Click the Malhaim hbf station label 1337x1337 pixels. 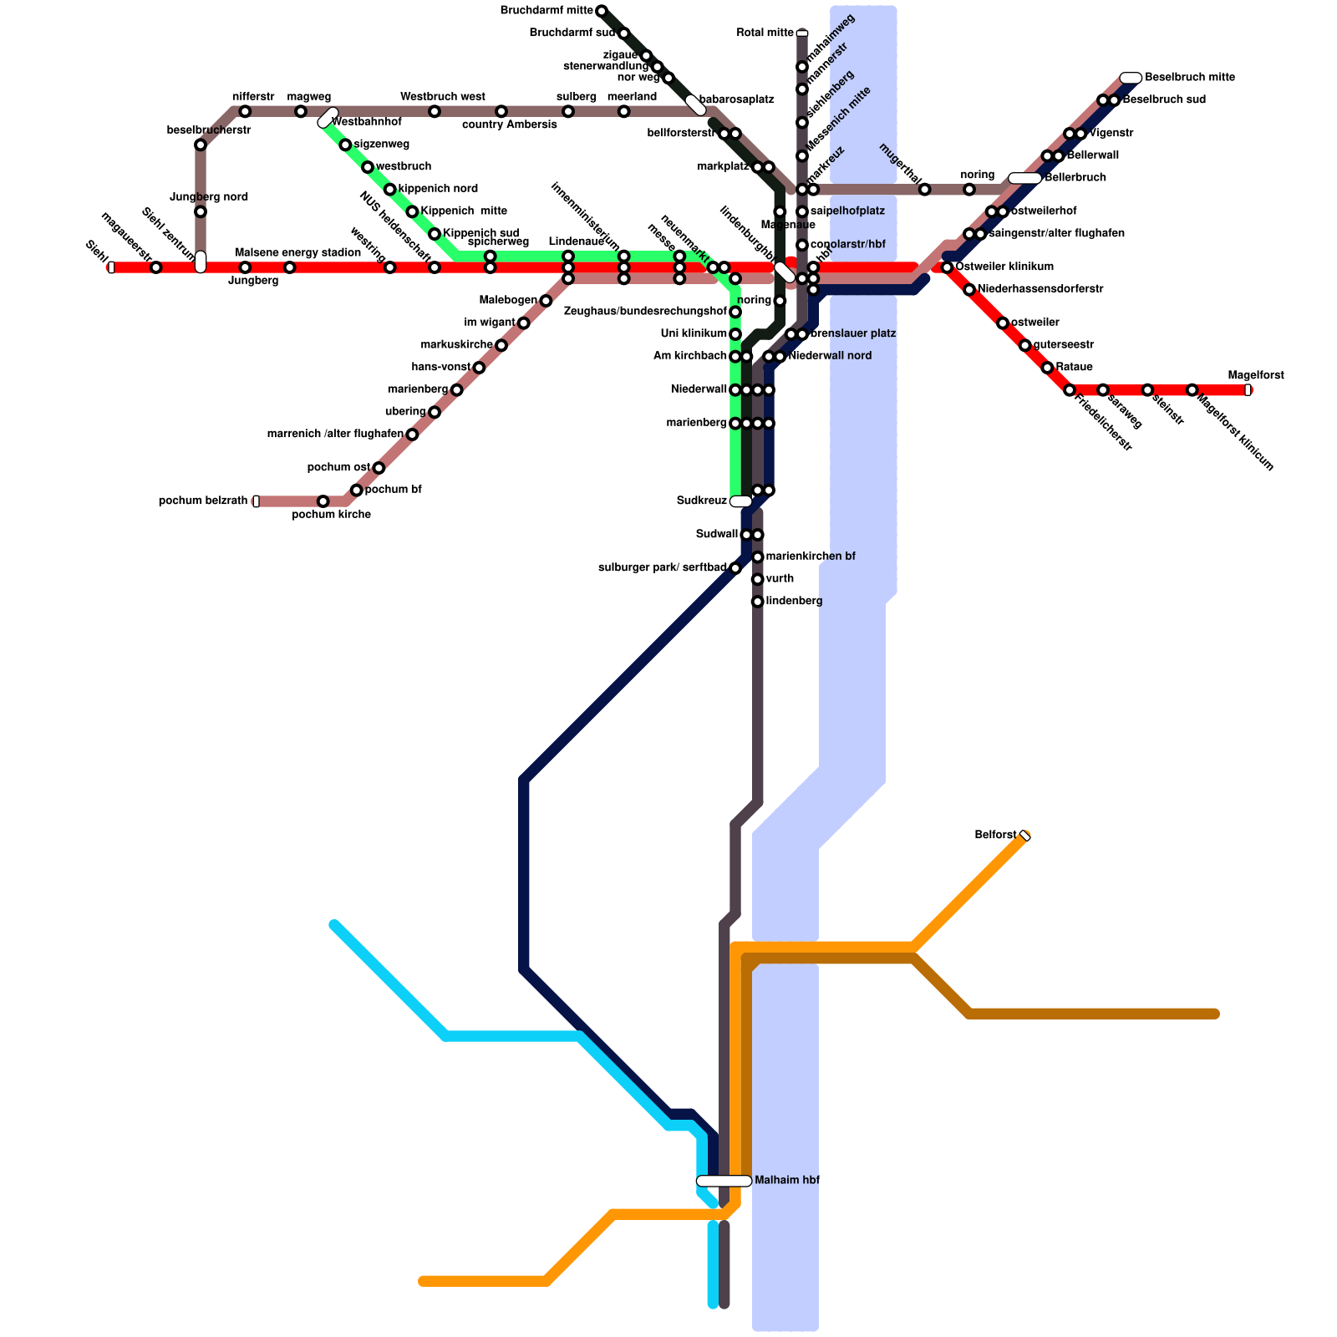(x=786, y=1181)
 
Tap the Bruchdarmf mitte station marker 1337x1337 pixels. (x=602, y=11)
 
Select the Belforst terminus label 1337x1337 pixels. (x=995, y=836)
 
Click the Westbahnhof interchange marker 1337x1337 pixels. (x=328, y=118)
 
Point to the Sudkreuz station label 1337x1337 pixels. (x=701, y=501)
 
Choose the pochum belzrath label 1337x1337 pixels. (x=203, y=501)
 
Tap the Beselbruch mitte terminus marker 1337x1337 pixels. (x=1131, y=78)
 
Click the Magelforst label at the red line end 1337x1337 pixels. (x=1255, y=376)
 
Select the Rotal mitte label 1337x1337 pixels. (x=765, y=33)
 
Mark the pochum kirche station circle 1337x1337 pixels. (x=323, y=501)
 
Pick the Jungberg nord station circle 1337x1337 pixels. (x=201, y=211)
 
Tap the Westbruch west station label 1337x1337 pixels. (x=442, y=97)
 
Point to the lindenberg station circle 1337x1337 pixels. (x=758, y=602)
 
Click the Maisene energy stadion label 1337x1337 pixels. (x=297, y=252)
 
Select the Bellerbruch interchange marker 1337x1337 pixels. (x=1024, y=178)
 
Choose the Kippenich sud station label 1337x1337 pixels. (x=480, y=233)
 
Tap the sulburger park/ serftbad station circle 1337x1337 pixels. (x=735, y=568)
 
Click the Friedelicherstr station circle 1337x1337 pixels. (x=1070, y=390)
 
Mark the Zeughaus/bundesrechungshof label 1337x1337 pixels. (x=645, y=312)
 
